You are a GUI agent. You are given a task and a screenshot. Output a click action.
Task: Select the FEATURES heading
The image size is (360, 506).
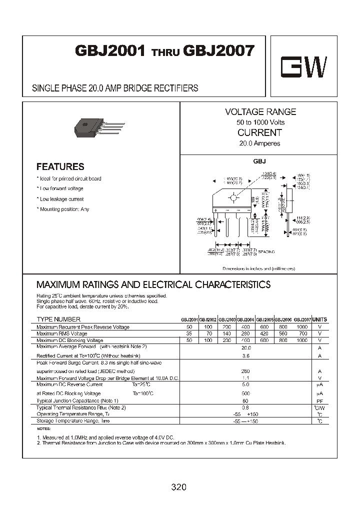tap(60, 167)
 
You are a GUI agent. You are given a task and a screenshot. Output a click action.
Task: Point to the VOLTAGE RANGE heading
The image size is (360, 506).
tap(260, 112)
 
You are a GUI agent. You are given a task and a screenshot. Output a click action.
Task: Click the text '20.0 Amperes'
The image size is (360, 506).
tap(259, 143)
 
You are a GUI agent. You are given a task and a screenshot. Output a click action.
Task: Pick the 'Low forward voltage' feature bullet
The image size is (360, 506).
tap(61, 188)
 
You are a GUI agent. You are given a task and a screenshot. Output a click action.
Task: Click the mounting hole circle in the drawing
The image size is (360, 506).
tap(233, 198)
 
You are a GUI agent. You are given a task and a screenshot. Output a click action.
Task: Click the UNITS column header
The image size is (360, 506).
tap(319, 319)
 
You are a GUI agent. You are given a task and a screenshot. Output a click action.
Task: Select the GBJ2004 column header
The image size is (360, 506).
tap(245, 319)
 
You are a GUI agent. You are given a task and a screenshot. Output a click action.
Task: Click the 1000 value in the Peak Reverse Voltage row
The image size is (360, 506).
tap(302, 326)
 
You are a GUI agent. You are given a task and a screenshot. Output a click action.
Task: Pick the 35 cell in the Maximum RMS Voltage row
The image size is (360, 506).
tap(189, 333)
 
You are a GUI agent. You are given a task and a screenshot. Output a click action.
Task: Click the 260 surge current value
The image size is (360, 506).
tap(245, 371)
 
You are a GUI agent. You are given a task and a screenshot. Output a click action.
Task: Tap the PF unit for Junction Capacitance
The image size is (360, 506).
tap(319, 401)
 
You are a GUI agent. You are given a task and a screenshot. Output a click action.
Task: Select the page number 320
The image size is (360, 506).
tap(178, 486)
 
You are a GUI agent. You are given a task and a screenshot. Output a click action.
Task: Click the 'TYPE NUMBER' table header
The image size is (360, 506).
tap(58, 319)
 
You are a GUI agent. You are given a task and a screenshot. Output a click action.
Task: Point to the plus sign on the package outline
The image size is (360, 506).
tap(215, 210)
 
